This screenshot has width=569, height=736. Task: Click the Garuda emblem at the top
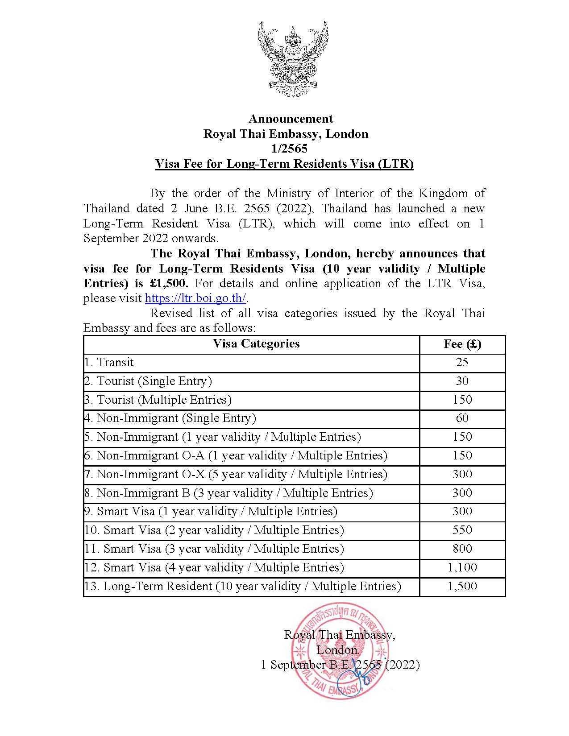292,59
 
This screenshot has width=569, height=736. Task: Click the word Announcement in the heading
291,119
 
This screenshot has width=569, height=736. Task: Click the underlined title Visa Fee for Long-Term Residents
284,164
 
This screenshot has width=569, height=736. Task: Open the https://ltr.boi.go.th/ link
195,298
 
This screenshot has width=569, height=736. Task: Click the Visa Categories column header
256,343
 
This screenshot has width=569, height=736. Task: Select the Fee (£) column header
462,344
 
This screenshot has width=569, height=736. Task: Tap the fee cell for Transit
462,362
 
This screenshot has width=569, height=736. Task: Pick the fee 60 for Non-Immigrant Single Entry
462,418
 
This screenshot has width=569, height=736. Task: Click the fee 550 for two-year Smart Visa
462,530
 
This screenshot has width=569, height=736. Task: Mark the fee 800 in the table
462,549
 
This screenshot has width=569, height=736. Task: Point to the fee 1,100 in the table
462,567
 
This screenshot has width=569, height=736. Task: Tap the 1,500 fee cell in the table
462,586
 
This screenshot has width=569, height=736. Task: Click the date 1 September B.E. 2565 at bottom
340,665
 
